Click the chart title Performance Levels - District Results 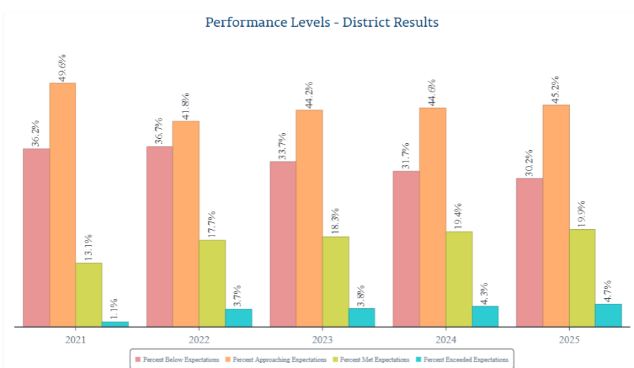click(x=322, y=23)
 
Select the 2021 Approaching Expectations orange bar click(x=63, y=204)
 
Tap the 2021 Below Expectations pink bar click(x=36, y=238)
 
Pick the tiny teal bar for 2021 click(x=115, y=324)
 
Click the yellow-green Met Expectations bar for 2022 click(x=212, y=283)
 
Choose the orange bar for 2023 click(x=309, y=218)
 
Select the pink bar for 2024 click(x=406, y=249)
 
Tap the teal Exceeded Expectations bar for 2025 click(x=608, y=315)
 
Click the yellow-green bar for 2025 click(x=582, y=278)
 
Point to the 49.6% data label click(x=62, y=67)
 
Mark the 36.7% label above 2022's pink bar click(x=159, y=130)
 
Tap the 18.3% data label click(x=335, y=221)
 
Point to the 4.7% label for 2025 click(x=608, y=288)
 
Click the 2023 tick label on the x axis click(x=322, y=340)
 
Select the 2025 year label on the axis click(x=569, y=340)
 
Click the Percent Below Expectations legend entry click(x=177, y=360)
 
